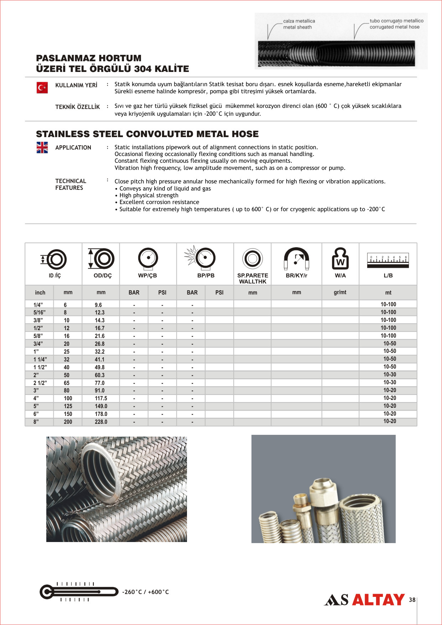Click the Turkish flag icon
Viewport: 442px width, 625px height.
42,88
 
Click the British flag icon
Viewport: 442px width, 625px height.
42,147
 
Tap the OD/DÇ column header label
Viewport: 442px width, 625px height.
103,276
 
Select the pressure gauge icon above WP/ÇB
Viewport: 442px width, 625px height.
148,258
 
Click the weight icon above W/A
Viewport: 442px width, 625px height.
340,259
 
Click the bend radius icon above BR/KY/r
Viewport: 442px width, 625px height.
296,258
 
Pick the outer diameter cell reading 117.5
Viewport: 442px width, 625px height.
101,399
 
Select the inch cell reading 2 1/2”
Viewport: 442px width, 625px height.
40,383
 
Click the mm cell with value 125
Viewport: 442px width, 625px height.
68,406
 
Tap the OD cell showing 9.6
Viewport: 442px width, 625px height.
98,305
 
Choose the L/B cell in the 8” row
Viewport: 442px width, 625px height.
390,421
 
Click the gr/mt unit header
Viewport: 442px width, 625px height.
340,292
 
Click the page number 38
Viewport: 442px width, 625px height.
412,600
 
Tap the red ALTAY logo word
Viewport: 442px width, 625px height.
378,600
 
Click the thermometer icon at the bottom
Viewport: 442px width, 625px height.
79,592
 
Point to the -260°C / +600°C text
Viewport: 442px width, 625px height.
145,592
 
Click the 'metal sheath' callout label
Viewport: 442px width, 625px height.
297,27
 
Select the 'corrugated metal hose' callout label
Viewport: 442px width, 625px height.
394,27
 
